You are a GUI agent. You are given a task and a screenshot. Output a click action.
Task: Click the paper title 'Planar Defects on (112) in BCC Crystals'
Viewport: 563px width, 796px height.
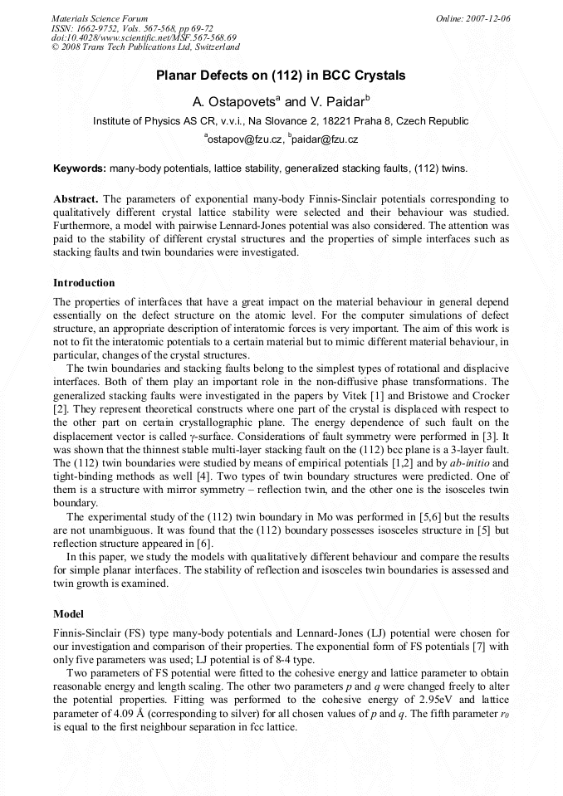pyautogui.click(x=281, y=76)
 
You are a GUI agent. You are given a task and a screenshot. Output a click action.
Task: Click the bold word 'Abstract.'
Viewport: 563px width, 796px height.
pyautogui.click(x=76, y=199)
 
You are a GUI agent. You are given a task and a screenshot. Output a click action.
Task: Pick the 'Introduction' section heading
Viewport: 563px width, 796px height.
pyautogui.click(x=84, y=283)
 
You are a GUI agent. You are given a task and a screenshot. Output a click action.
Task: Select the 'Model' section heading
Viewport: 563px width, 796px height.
pyautogui.click(x=68, y=614)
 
